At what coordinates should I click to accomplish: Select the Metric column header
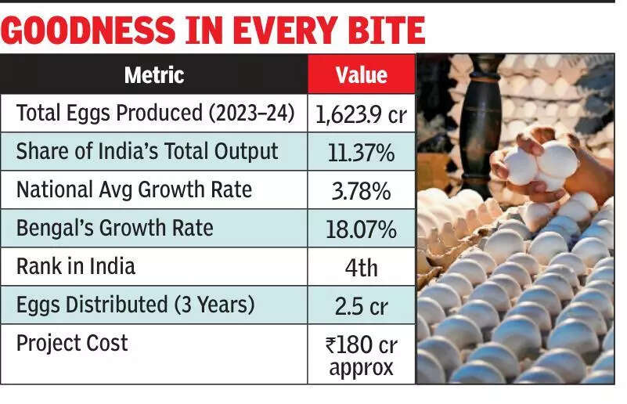tap(154, 75)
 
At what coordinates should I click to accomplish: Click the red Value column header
tap(361, 75)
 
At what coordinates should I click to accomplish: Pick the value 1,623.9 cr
tap(361, 115)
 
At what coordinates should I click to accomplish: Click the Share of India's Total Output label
tap(147, 152)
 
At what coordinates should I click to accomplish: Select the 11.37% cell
tap(361, 153)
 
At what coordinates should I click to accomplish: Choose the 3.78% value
tap(361, 191)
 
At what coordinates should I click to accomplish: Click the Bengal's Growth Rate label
tap(116, 229)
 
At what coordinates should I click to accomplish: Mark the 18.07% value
tap(361, 229)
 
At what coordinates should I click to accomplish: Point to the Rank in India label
tap(76, 266)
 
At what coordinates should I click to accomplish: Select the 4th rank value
tap(361, 268)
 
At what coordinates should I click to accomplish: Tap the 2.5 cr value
tap(361, 306)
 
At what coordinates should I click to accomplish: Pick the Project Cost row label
tap(72, 343)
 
